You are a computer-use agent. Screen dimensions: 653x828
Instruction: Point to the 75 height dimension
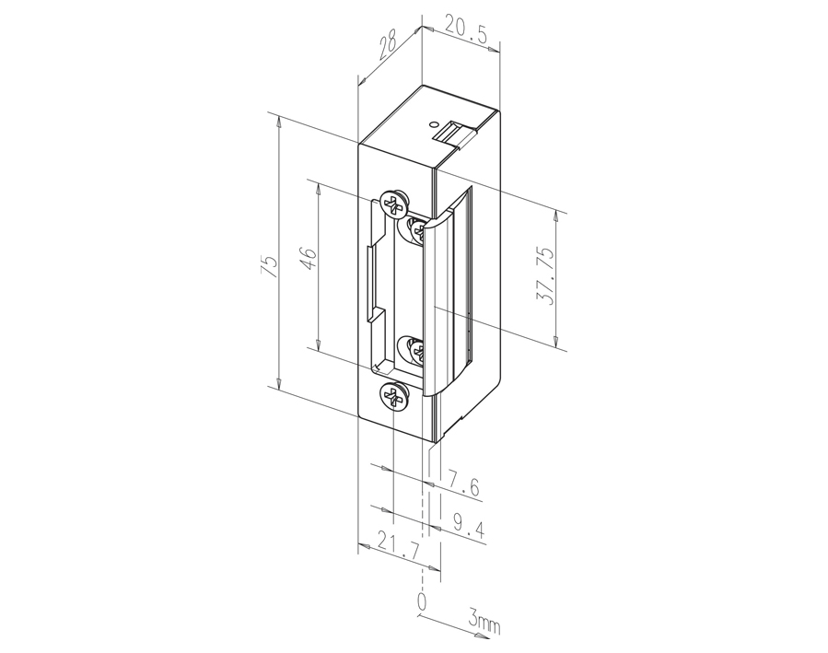(x=268, y=266)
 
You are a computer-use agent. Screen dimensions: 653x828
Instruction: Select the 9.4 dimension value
(x=469, y=527)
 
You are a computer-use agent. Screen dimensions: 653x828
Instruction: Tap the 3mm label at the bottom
(x=484, y=624)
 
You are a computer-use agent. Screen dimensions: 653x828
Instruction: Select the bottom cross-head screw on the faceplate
(x=393, y=397)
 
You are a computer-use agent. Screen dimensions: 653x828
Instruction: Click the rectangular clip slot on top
(x=455, y=133)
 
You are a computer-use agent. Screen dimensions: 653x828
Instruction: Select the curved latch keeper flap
(x=442, y=295)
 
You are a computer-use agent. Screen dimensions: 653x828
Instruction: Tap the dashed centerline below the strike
(x=424, y=516)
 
